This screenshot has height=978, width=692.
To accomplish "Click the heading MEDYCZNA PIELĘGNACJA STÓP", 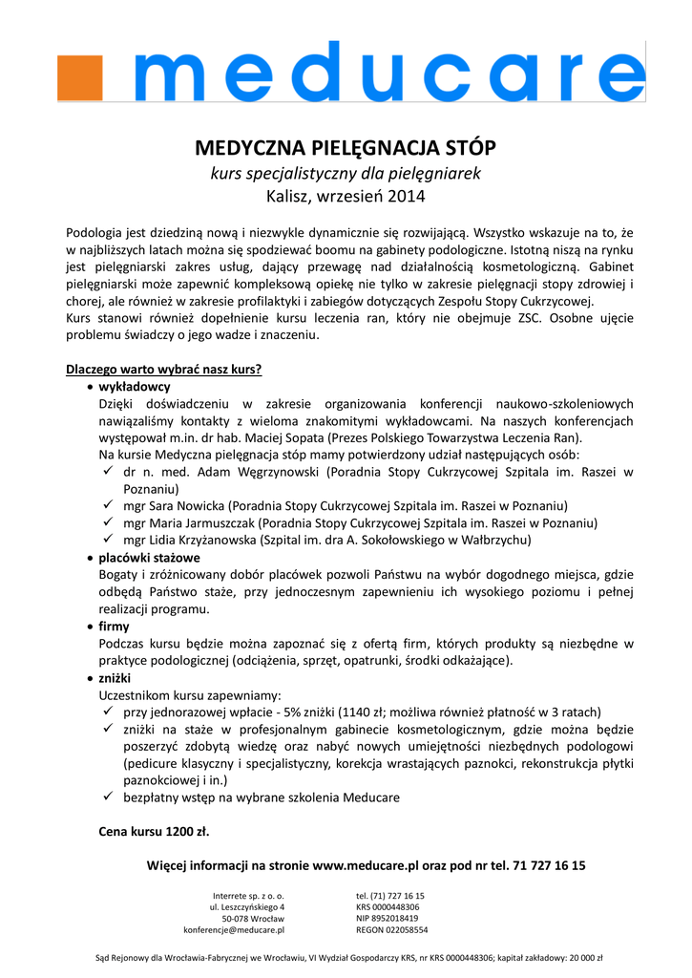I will click(346, 149).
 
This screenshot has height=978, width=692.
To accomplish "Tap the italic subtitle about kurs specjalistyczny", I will click(346, 174).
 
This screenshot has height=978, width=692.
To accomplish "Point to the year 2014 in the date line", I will click(408, 198).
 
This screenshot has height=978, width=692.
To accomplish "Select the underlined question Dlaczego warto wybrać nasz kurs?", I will click(163, 369).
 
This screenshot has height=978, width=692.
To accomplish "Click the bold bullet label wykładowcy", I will click(135, 387).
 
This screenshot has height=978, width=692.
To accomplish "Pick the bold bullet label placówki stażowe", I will click(150, 557).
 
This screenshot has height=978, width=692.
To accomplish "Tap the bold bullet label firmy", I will click(115, 627).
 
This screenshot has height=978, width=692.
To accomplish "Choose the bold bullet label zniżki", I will click(115, 677).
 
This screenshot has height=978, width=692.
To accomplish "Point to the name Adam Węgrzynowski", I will click(265, 472).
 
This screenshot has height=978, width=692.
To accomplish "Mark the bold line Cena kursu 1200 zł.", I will click(154, 831).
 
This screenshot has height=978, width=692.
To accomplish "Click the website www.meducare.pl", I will click(367, 865).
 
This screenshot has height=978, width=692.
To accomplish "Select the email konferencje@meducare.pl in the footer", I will click(234, 929).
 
